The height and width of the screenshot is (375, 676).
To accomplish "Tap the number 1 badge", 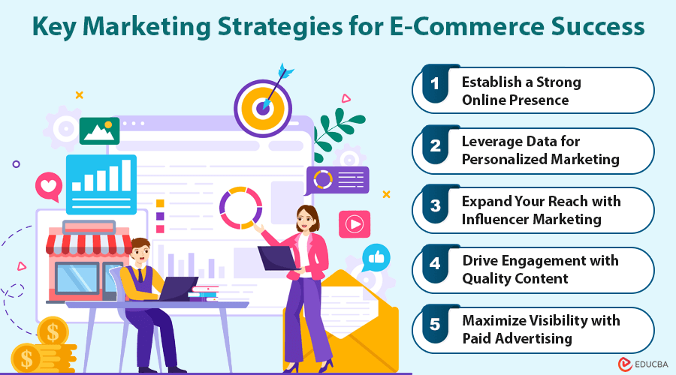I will tap(435, 90).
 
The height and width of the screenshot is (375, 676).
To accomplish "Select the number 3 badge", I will tap(435, 210).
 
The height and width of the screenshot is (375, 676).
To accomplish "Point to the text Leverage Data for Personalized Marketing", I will tap(540, 150).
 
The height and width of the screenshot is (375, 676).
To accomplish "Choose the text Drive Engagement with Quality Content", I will tap(540, 270).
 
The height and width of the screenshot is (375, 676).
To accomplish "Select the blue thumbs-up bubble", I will tap(376, 258).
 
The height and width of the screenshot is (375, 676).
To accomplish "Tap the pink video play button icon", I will tap(354, 223).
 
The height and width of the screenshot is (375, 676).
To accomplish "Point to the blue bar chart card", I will tap(101, 182).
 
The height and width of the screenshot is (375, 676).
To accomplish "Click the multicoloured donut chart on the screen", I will tap(240, 208).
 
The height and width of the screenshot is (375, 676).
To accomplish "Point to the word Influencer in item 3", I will tap(502, 219).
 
